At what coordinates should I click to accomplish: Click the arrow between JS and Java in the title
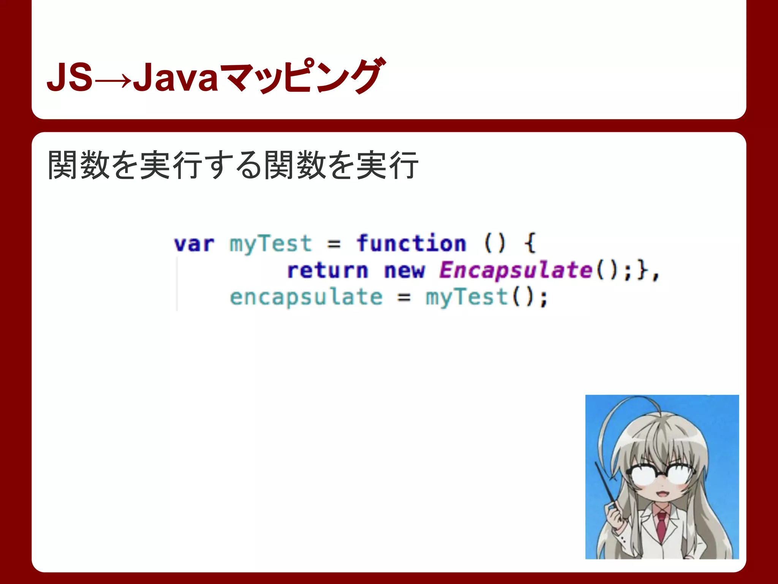click(113, 81)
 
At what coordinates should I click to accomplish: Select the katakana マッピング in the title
click(302, 76)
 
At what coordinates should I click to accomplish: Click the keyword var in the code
click(194, 244)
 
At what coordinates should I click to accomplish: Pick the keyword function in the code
click(411, 243)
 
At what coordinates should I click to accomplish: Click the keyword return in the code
click(327, 270)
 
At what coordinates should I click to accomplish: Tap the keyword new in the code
click(404, 270)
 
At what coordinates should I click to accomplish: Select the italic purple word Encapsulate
click(516, 270)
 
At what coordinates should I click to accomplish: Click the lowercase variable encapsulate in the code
click(306, 297)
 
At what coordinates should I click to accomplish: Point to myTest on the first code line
click(270, 244)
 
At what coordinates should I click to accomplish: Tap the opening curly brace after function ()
click(530, 243)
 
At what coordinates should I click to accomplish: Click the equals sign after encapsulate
click(404, 297)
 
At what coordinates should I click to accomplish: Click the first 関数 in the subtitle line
click(79, 165)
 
